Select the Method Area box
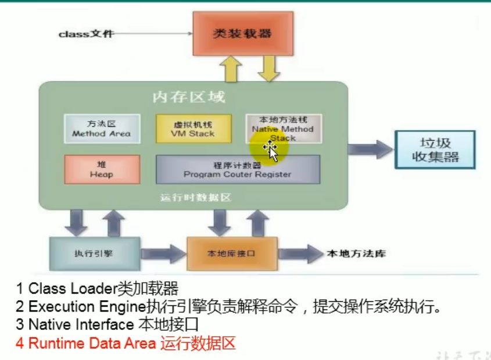(102, 129)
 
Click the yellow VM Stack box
(193, 129)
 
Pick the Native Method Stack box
(283, 129)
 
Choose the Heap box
(102, 169)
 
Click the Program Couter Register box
(238, 169)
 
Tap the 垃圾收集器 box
(435, 149)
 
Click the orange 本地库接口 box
(231, 254)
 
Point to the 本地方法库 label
(356, 254)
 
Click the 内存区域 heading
(189, 97)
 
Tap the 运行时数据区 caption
(195, 198)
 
